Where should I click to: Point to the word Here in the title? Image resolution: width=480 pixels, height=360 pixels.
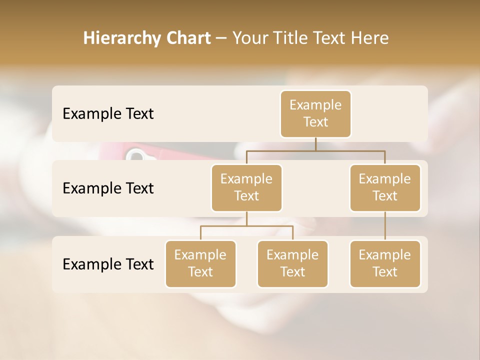point(369,38)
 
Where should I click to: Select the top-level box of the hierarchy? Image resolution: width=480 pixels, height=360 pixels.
point(315,113)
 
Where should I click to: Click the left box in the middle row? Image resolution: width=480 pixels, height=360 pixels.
point(246,187)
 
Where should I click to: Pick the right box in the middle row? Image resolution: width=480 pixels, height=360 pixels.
point(385,187)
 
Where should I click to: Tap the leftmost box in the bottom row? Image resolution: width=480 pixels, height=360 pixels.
point(200,263)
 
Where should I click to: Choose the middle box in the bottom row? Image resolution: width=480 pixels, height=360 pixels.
point(292,263)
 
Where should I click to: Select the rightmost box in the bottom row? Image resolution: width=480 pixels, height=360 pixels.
point(385,263)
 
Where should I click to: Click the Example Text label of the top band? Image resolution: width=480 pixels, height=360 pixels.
point(108,114)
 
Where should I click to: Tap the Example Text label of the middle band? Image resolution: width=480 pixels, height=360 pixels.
point(108,188)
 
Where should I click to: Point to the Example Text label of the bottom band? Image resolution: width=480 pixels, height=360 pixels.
point(108,264)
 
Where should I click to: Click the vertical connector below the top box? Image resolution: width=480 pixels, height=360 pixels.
point(315,144)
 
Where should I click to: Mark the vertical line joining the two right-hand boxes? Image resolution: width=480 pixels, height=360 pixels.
point(385,225)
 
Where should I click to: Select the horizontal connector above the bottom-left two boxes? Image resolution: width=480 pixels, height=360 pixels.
point(246,226)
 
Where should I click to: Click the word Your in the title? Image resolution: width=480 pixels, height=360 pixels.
point(249,38)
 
